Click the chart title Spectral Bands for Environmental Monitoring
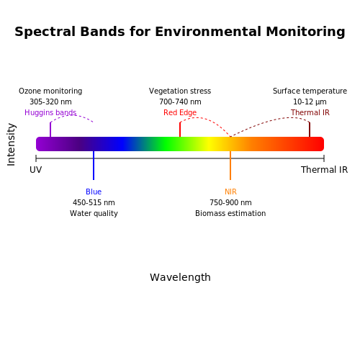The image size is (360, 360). point(180,32)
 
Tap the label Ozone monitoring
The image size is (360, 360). point(50,91)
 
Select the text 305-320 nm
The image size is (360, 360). point(50,102)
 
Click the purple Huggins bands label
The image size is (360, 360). point(50,112)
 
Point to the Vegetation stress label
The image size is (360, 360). point(180,91)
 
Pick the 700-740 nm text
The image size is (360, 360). point(180,102)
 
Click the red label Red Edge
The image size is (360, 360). point(180,112)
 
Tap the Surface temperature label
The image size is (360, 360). point(310,91)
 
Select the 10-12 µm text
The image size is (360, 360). point(310,102)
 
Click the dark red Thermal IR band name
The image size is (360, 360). point(310,112)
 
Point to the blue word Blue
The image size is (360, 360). point(94,192)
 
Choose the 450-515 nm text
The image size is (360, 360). point(94,202)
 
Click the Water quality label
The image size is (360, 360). point(94,213)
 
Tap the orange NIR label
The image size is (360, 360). point(230,192)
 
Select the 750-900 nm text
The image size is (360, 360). point(230,202)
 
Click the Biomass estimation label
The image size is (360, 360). point(230,213)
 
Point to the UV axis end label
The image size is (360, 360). point(36,170)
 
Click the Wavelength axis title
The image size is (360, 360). point(180,277)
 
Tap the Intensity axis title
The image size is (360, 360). point(12,145)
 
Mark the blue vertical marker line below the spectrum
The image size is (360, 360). point(94,166)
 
